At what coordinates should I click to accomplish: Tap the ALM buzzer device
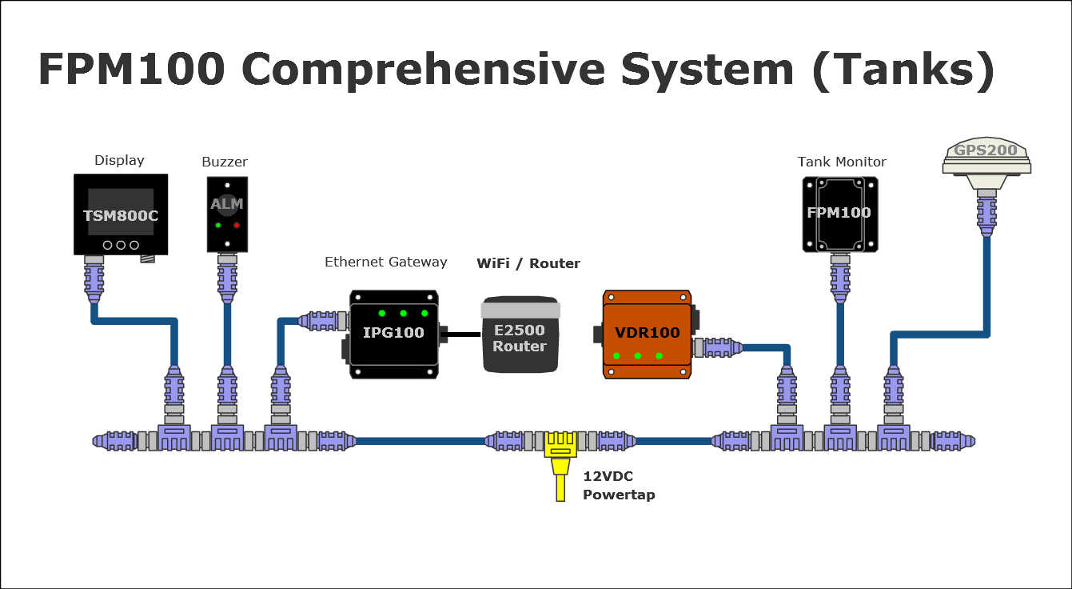(227, 213)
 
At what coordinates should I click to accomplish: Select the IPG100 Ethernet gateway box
(393, 333)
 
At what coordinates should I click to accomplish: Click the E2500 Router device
(519, 335)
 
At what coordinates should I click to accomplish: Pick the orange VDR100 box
(647, 334)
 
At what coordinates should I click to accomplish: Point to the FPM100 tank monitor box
(839, 214)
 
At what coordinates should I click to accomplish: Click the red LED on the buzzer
(237, 226)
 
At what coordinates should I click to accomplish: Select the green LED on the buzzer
(217, 226)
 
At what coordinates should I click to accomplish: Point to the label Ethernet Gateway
(385, 262)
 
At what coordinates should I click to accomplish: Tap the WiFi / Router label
(528, 263)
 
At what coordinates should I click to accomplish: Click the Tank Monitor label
(842, 162)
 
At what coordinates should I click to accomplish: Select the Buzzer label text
(225, 162)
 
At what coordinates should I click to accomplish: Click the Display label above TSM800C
(119, 160)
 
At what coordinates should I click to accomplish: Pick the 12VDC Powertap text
(619, 485)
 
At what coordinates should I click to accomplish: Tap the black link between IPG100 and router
(460, 335)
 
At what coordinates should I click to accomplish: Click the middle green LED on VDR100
(637, 355)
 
